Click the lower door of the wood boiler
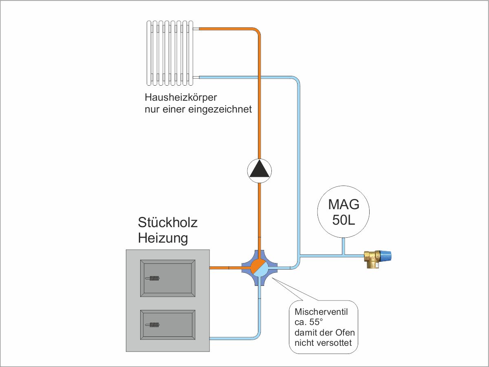tap(167, 325)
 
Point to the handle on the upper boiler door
tap(153, 279)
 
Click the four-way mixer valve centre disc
tap(259, 268)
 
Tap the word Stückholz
tap(167, 223)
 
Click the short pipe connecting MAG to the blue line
tap(343, 246)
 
